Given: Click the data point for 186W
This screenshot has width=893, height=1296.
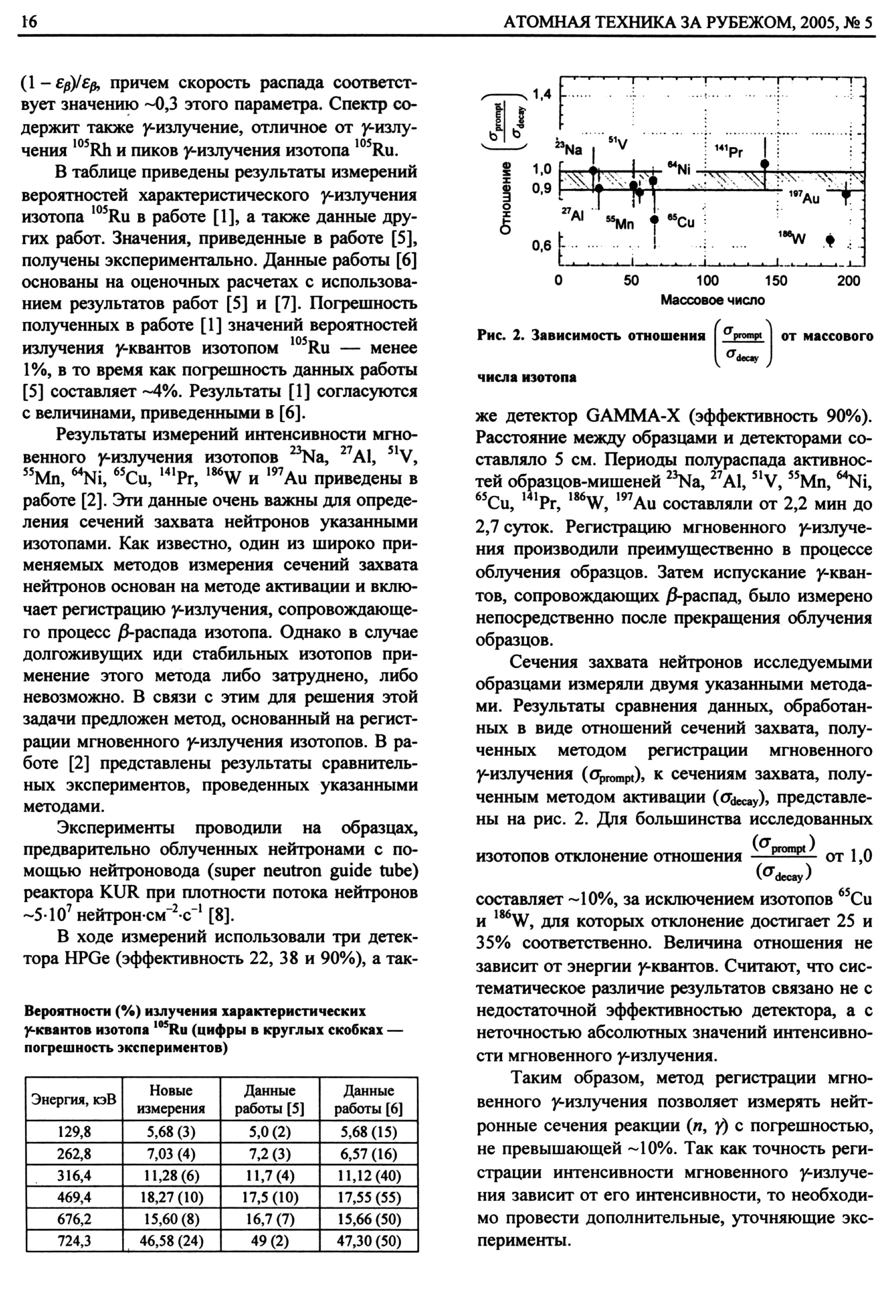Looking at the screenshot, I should pyautogui.click(x=830, y=239).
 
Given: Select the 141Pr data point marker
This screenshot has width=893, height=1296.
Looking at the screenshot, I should pyautogui.click(x=765, y=163).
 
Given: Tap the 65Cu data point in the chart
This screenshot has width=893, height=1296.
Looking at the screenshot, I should pyautogui.click(x=654, y=219).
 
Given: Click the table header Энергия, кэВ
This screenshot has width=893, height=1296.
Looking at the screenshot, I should pyautogui.click(x=73, y=1099).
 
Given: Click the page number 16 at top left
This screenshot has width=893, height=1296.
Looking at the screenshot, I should pyautogui.click(x=28, y=22).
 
